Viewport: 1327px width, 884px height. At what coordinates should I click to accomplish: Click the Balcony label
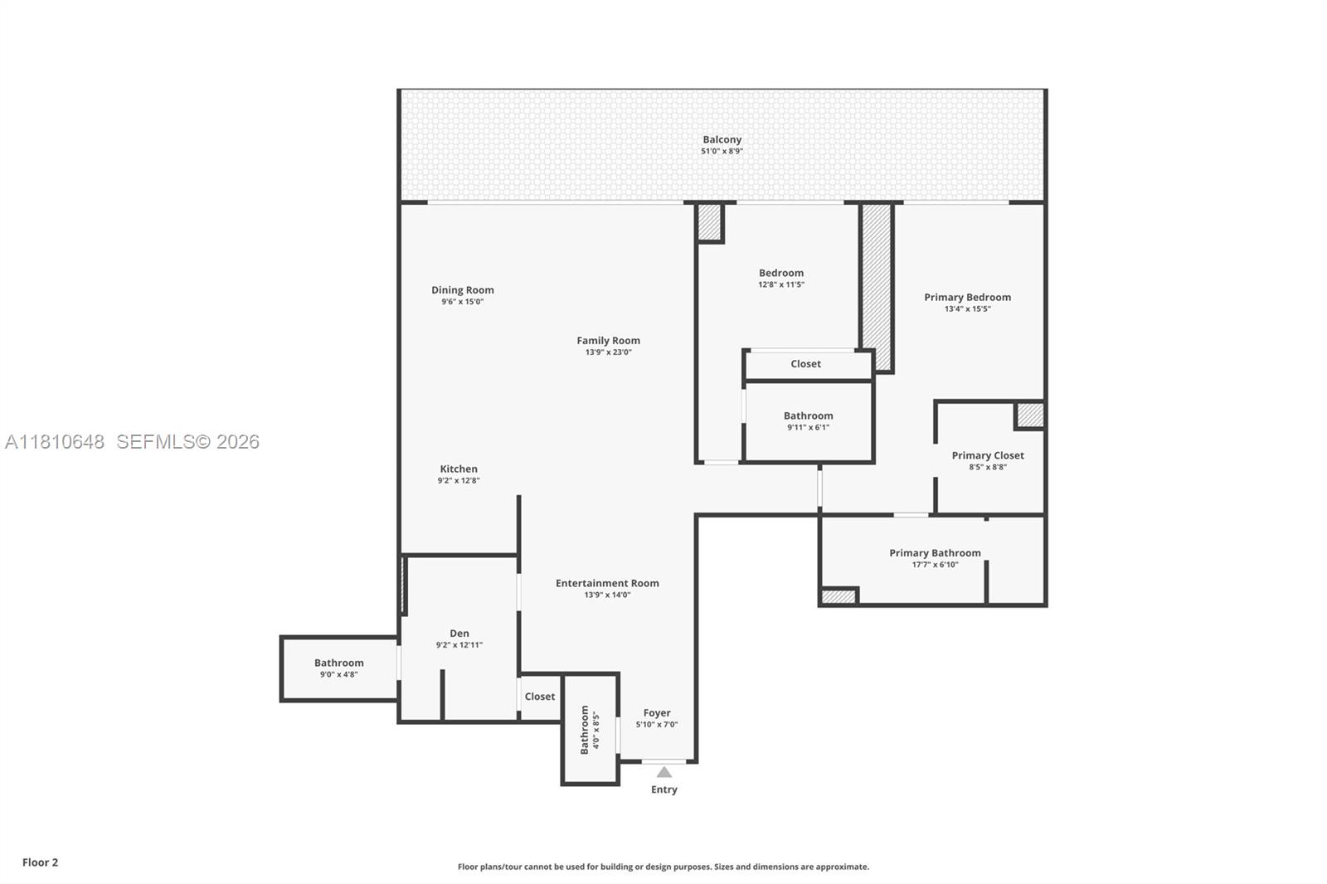point(722,140)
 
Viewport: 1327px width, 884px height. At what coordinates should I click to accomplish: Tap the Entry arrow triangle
point(664,772)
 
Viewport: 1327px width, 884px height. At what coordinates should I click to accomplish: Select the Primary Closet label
point(987,455)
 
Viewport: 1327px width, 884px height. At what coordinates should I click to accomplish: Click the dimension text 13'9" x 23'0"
point(608,352)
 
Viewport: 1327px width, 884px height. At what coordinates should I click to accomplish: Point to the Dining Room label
point(462,290)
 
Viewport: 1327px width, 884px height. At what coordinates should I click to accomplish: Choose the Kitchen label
point(458,469)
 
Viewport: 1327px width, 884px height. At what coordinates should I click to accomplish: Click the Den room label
point(459,634)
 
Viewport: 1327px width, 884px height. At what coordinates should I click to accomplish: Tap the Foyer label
point(656,713)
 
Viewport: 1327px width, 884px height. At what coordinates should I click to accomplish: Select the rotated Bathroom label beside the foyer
point(585,730)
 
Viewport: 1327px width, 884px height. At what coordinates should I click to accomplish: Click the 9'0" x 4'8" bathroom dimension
point(338,675)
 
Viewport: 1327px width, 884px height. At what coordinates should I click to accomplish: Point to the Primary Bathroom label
point(935,553)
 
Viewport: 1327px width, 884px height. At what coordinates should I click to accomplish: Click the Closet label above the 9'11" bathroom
point(805,364)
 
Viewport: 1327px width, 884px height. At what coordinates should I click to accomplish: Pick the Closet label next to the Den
point(539,697)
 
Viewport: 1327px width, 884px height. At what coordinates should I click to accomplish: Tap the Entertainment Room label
point(607,583)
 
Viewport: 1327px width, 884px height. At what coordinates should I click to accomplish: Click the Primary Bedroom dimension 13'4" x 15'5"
point(967,309)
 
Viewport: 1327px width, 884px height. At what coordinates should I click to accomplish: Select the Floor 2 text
point(40,862)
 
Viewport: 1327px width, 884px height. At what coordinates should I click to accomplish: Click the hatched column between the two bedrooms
point(876,286)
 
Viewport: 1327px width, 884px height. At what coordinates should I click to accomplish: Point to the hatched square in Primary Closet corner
point(1030,415)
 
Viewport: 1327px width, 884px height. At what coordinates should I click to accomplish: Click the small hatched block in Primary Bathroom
point(838,596)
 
